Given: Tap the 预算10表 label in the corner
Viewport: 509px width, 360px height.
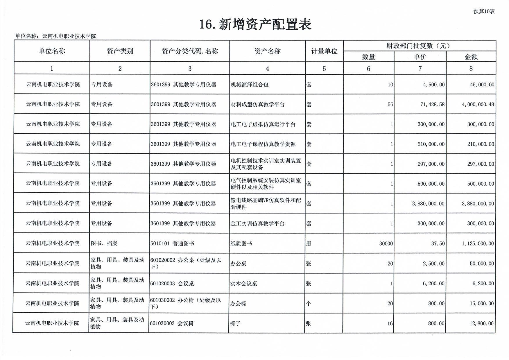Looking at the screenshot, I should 484,11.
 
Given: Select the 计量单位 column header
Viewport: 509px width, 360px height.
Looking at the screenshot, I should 324,51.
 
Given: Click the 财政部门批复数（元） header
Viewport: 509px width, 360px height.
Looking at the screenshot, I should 419,46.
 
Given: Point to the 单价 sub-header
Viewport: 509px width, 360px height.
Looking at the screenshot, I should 420,57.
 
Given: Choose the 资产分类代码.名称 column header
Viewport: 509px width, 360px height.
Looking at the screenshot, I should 190,51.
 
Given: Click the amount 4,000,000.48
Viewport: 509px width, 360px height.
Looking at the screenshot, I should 478,104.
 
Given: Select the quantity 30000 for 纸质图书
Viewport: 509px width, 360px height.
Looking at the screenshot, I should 386,243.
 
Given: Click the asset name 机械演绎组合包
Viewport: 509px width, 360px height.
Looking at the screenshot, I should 249,85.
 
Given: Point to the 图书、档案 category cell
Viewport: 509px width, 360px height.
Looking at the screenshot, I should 104,243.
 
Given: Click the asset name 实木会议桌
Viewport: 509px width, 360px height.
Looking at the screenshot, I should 243,284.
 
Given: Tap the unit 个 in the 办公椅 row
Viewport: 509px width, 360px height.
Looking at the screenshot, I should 309,304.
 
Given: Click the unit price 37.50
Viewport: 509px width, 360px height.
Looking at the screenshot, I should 438,243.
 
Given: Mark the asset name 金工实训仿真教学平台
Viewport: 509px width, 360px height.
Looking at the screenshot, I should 257,223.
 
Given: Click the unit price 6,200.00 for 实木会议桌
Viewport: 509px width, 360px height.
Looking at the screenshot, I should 433,284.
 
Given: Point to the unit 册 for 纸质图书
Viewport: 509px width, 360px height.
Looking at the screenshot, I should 309,243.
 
